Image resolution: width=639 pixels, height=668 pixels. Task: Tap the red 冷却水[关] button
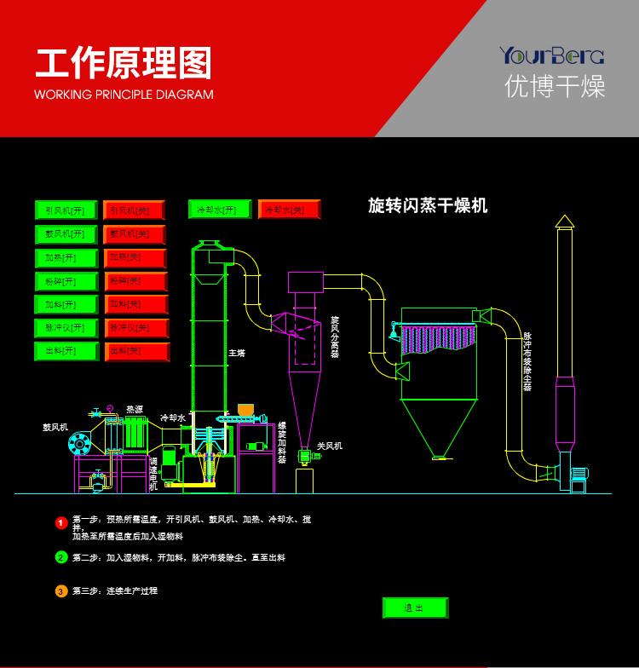(289, 210)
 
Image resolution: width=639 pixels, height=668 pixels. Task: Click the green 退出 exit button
(414, 608)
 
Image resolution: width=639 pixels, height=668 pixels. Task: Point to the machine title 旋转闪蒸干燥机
(428, 206)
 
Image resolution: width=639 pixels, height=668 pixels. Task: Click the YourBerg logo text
(551, 57)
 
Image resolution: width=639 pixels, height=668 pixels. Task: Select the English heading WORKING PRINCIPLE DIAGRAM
(124, 95)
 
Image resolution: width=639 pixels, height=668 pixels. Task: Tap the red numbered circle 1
(61, 522)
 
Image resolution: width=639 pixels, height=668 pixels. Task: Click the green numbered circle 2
(61, 558)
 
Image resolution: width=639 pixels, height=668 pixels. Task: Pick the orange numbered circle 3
(61, 590)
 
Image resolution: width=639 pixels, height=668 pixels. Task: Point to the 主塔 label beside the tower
(236, 352)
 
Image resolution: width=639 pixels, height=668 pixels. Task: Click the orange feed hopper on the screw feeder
(245, 410)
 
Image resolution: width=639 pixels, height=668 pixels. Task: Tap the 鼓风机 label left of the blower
(55, 427)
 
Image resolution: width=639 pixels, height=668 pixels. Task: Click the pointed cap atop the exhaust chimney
(564, 222)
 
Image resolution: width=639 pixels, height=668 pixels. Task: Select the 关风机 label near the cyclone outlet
(329, 446)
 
